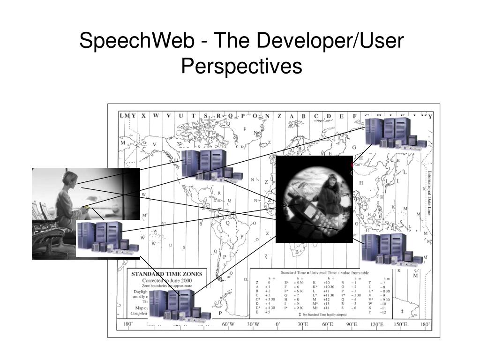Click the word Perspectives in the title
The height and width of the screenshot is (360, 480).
(241, 66)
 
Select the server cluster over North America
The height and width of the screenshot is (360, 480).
(211, 165)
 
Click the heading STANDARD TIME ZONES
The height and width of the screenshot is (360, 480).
(166, 274)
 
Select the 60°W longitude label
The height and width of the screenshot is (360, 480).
(228, 324)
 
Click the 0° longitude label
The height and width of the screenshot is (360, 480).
(277, 324)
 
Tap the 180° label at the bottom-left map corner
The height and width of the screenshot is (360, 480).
(127, 324)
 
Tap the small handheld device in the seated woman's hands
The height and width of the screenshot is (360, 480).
(86, 207)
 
